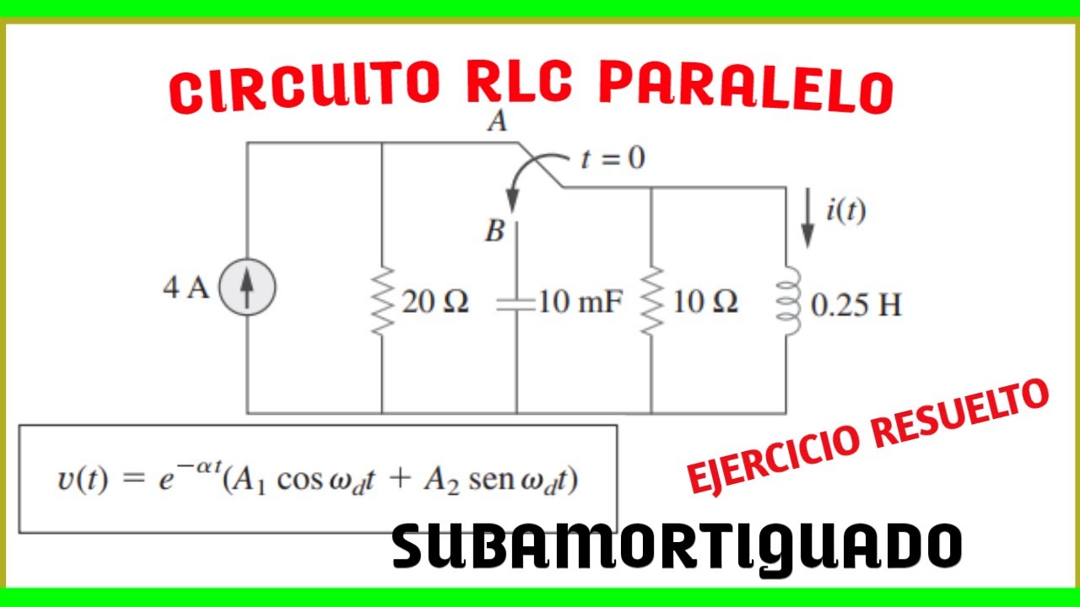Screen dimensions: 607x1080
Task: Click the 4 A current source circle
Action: pos(246,288)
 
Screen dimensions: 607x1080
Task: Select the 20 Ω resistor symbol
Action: pos(382,302)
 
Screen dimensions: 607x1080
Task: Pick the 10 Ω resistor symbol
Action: pos(651,302)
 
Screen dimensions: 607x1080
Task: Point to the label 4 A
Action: pos(186,288)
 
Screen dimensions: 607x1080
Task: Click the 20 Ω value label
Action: pos(435,302)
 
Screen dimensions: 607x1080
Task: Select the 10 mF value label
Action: pos(580,302)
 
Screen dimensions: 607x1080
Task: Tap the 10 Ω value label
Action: pos(705,302)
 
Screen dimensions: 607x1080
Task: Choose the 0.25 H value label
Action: pos(856,304)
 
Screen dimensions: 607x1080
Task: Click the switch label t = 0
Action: pos(613,158)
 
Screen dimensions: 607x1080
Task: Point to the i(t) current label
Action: pos(845,211)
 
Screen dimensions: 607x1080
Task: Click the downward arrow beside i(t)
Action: pos(807,218)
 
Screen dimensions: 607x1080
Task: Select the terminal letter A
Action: pos(498,122)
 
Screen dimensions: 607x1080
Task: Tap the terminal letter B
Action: pos(494,231)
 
